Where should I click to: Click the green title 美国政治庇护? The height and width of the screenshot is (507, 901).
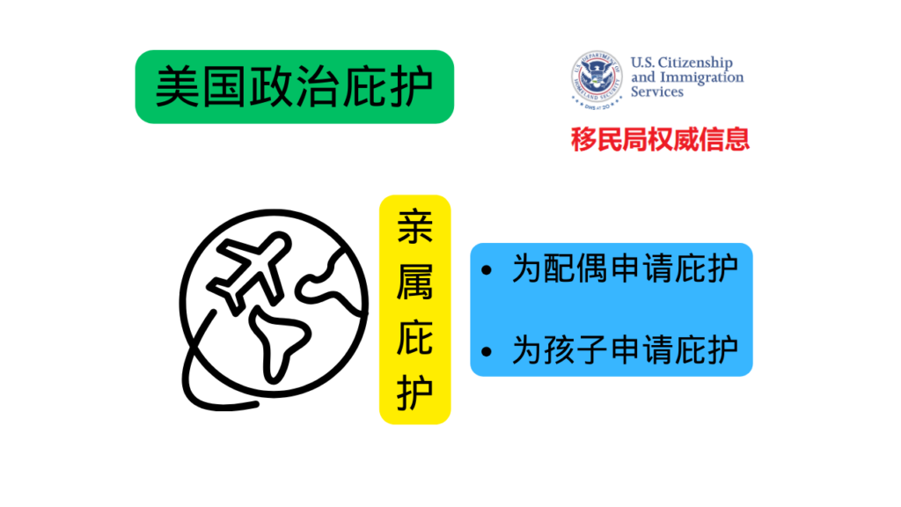pyautogui.click(x=294, y=87)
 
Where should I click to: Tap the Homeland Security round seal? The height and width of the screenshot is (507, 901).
pyautogui.click(x=597, y=78)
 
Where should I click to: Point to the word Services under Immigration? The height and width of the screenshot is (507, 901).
pyautogui.click(x=656, y=92)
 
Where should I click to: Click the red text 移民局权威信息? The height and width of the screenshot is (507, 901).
pyautogui.click(x=660, y=140)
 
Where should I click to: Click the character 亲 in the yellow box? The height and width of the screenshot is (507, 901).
pyautogui.click(x=415, y=226)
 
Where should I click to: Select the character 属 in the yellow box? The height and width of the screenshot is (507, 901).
pyautogui.click(x=415, y=283)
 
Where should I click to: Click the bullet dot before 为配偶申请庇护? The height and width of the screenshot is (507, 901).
pyautogui.click(x=487, y=269)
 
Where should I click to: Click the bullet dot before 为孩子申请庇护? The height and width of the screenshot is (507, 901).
pyautogui.click(x=487, y=351)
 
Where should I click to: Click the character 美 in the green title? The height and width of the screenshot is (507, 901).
pyautogui.click(x=178, y=87)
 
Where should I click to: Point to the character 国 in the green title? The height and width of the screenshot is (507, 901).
pyautogui.click(x=224, y=87)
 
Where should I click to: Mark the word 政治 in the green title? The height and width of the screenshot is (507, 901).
pyautogui.click(x=294, y=87)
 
